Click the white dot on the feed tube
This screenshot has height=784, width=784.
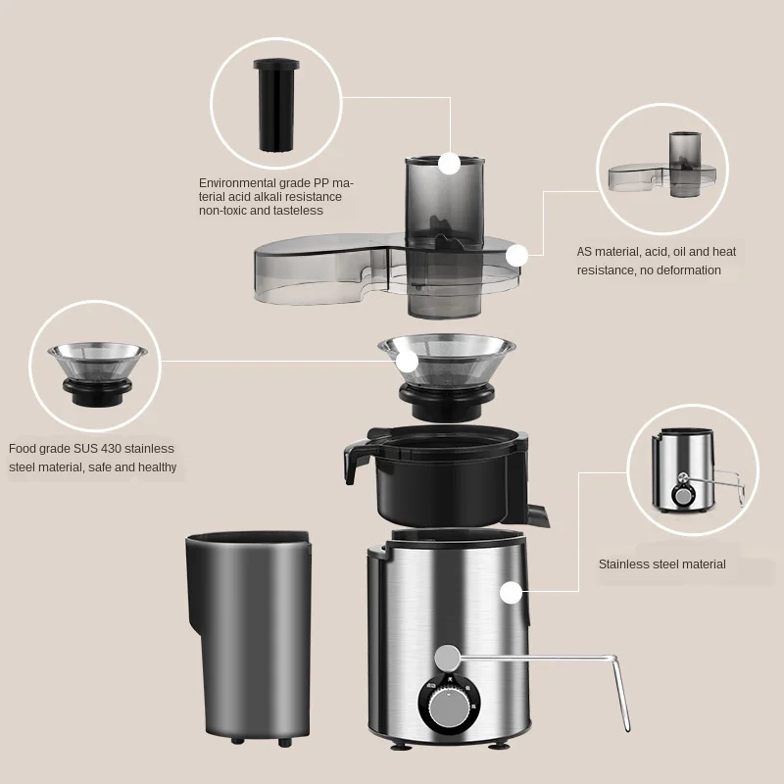tap(449, 164)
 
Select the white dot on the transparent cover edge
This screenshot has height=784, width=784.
tap(517, 256)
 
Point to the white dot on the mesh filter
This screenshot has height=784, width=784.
tap(407, 361)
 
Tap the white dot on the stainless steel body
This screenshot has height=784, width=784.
tap(510, 592)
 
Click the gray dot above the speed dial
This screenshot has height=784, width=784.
tap(448, 656)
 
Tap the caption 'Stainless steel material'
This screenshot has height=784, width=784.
tap(661, 563)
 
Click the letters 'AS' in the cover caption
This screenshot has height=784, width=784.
tap(585, 252)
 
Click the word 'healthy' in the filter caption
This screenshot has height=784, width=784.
tap(158, 467)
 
